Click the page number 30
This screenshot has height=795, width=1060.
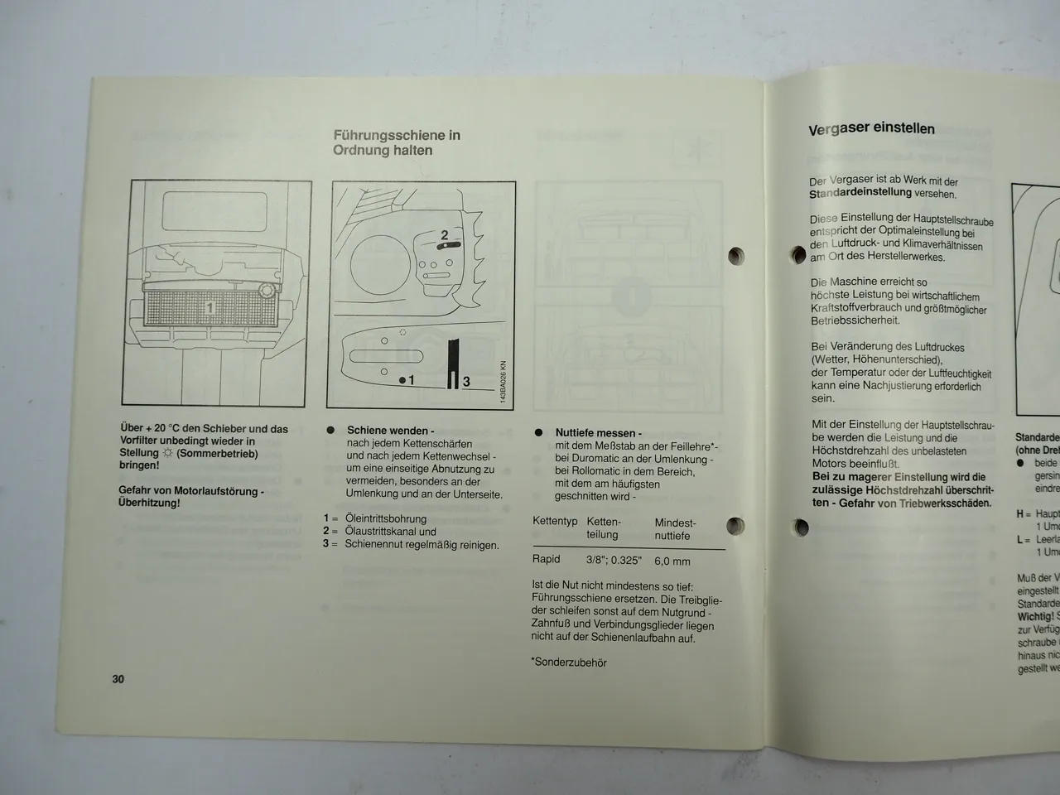click(118, 679)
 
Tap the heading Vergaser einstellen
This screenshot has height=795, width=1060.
click(871, 128)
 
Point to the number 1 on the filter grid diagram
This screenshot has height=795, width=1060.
click(210, 308)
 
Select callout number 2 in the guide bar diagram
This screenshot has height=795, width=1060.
click(444, 235)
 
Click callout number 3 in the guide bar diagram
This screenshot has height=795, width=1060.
click(466, 381)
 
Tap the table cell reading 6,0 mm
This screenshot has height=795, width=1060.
click(672, 561)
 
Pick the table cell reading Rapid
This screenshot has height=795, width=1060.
click(547, 559)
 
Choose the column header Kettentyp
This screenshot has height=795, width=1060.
click(555, 523)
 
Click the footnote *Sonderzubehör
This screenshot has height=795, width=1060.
click(569, 662)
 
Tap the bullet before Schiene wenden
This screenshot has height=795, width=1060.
click(330, 431)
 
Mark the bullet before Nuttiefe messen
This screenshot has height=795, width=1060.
click(538, 432)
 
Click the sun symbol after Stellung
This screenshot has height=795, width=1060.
click(168, 454)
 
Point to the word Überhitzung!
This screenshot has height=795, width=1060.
click(149, 503)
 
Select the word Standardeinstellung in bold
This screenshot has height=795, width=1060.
click(860, 194)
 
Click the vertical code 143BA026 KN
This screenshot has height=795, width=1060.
click(503, 383)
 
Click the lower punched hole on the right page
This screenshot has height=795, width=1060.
click(800, 527)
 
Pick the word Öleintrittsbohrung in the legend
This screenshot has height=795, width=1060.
click(386, 519)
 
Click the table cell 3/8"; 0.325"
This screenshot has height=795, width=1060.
click(614, 560)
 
